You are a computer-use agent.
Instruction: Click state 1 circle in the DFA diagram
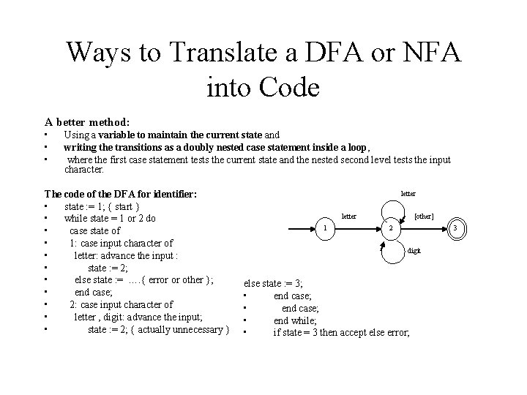coord(324,227)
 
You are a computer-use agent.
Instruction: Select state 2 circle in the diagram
coord(392,227)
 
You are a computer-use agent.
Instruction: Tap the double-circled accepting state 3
coord(454,227)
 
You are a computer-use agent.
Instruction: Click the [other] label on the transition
coord(424,216)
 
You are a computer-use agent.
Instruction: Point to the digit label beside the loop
coord(414,250)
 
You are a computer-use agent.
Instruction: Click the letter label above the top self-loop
coord(408,194)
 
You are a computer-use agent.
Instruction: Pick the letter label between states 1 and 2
coord(349,217)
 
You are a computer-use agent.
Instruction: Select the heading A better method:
coord(87,122)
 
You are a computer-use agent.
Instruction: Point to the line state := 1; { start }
coord(108,207)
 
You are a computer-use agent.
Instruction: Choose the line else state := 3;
coord(273,284)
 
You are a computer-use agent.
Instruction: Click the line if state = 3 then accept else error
coord(341,332)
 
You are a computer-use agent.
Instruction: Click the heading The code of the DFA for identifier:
coord(120,194)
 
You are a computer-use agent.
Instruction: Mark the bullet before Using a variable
coord(46,135)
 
